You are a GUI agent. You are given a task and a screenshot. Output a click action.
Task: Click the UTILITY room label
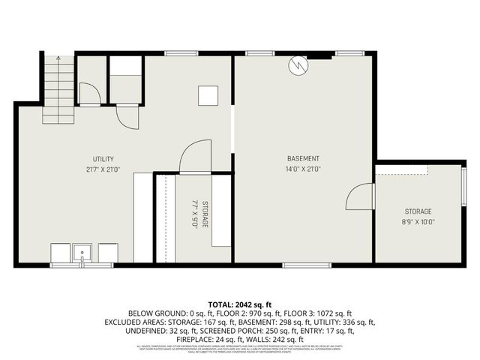tap(103, 159)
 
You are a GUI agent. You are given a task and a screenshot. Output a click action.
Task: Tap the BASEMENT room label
tap(303, 159)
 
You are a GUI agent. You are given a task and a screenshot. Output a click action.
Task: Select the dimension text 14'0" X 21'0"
tap(303, 169)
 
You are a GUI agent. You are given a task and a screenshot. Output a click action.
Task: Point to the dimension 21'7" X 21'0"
tap(103, 169)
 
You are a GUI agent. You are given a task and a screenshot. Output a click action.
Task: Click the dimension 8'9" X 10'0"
tap(418, 222)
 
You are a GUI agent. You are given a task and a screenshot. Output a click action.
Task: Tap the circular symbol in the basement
tap(298, 66)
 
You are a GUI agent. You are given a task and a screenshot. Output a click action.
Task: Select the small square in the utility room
tap(206, 95)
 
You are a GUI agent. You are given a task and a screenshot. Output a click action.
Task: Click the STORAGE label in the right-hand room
tap(418, 211)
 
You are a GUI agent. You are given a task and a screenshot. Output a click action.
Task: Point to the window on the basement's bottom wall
tap(306, 264)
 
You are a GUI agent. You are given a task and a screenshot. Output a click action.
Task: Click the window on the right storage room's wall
tap(464, 191)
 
